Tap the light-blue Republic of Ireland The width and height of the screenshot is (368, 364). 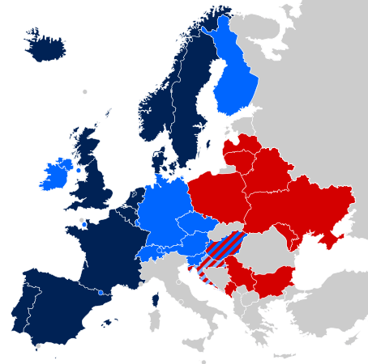point(56,175)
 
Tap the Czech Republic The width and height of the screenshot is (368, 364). point(195,226)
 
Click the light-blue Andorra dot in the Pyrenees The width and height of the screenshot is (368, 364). point(100,292)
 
